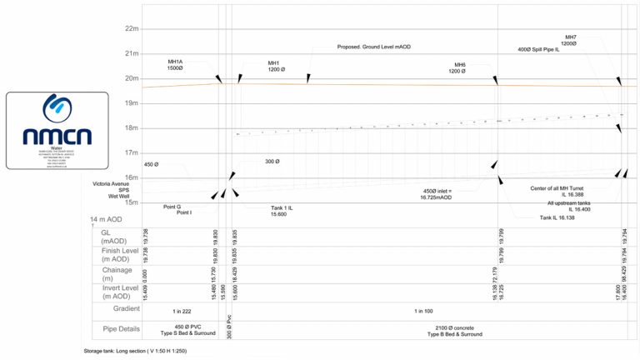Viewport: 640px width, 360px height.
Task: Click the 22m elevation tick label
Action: [131, 28]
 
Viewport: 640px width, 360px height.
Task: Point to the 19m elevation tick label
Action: [131, 103]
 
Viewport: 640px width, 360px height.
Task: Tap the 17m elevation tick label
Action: [131, 153]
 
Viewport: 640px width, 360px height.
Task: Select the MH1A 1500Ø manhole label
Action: [175, 64]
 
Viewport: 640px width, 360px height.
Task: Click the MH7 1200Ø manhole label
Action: [571, 40]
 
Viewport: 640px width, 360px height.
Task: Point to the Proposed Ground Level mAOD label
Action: [373, 47]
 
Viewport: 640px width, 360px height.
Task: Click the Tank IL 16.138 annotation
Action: [557, 217]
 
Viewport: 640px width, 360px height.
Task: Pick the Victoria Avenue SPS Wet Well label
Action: [112, 189]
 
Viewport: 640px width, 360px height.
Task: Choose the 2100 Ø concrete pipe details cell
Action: [455, 330]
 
